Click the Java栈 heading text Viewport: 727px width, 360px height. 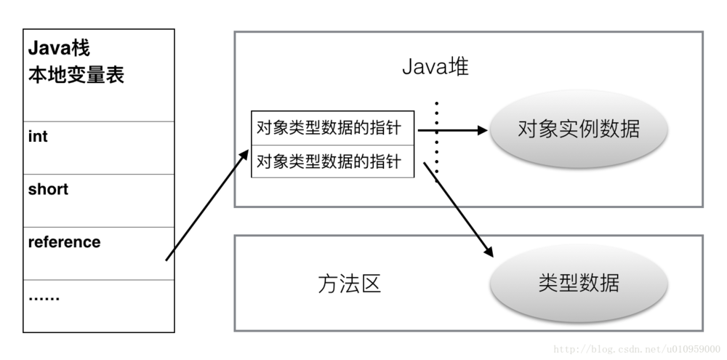click(59, 49)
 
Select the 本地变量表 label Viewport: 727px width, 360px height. click(76, 75)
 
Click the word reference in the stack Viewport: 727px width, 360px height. click(64, 242)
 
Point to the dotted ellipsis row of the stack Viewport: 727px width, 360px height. click(44, 297)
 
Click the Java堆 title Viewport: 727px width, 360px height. click(435, 68)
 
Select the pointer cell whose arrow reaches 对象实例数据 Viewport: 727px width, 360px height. click(332, 128)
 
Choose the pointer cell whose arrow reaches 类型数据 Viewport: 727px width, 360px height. click(332, 161)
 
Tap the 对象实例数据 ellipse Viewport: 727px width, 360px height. click(578, 129)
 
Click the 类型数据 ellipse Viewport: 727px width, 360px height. click(578, 282)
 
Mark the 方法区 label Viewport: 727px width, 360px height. click(349, 284)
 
